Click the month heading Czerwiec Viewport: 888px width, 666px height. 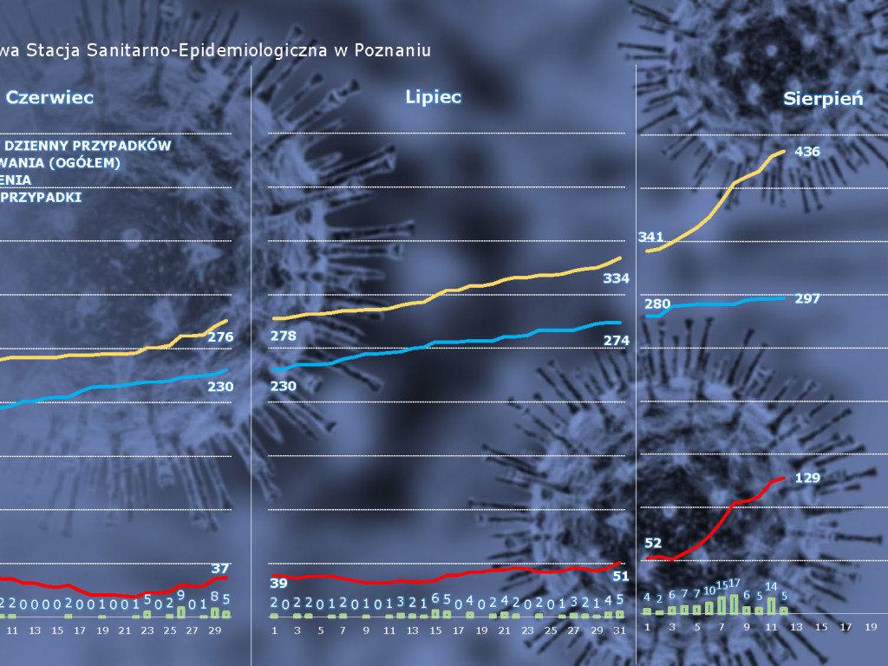click(49, 98)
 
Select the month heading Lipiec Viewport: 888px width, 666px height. click(433, 96)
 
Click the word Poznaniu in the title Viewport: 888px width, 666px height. click(394, 50)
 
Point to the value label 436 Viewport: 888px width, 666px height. click(807, 152)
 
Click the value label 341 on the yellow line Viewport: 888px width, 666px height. click(650, 237)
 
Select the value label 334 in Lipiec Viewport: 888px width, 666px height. click(615, 278)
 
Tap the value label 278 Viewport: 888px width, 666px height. click(284, 336)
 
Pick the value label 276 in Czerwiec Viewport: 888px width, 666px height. click(220, 336)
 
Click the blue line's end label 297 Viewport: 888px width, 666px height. click(806, 298)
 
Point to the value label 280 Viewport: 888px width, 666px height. click(657, 304)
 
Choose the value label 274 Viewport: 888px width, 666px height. click(615, 341)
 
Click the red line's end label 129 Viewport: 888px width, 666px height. click(807, 478)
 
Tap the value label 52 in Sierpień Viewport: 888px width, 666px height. click(653, 543)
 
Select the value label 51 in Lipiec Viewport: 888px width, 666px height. click(620, 575)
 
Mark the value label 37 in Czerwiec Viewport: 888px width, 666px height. click(220, 568)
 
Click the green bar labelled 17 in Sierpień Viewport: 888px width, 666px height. click(734, 604)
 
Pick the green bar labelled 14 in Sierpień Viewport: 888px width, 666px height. click(771, 606)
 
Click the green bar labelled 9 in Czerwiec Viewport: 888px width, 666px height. click(181, 610)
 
